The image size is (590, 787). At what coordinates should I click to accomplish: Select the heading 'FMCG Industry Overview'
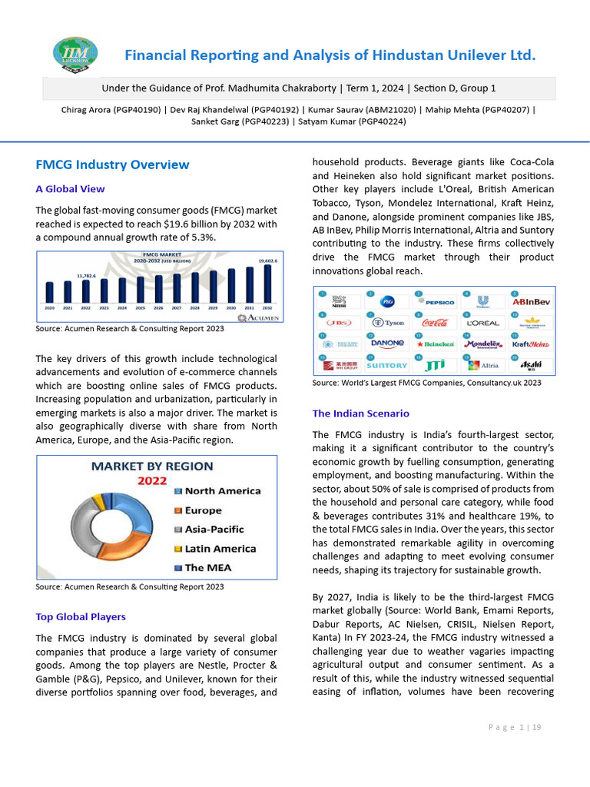point(112,164)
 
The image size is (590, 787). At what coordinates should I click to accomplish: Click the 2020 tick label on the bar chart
point(49,307)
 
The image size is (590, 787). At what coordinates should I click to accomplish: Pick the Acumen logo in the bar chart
point(260,317)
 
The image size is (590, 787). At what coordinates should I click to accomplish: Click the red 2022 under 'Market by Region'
point(152,481)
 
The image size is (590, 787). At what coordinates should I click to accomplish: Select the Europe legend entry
point(203,510)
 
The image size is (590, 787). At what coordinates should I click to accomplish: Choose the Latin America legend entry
point(220,549)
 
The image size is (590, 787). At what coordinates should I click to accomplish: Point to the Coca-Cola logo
point(435,323)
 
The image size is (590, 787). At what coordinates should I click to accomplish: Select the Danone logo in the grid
point(387,344)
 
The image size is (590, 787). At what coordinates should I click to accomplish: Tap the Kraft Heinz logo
point(530,344)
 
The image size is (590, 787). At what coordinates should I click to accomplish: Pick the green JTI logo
point(435,365)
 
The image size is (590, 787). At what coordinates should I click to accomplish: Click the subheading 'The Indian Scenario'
point(360,413)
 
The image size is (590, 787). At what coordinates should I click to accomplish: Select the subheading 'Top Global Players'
point(81,616)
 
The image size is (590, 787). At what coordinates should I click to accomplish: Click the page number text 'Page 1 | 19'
point(514,727)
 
